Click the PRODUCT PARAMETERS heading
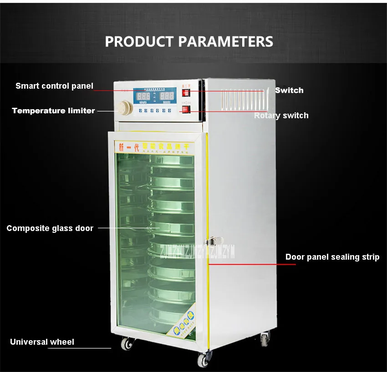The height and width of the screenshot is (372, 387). coord(189,41)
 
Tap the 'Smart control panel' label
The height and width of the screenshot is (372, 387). coord(54,85)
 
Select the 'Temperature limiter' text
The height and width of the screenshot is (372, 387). coord(53,111)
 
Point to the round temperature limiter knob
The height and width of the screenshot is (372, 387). coord(124,108)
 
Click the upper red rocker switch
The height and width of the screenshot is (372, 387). coord(185,93)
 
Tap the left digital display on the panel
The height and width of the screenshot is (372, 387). coord(144,96)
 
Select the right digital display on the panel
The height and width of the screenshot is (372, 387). coord(167,96)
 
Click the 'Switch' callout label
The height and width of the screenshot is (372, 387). coord(289,90)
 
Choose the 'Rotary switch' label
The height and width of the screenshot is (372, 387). coord(281,116)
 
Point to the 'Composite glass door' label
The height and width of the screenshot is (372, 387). coord(50,228)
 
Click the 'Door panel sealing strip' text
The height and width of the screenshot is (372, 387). coord(332,257)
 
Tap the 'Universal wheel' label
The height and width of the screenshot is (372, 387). coord(42,342)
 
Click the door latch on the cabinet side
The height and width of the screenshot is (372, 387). coord(212,240)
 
